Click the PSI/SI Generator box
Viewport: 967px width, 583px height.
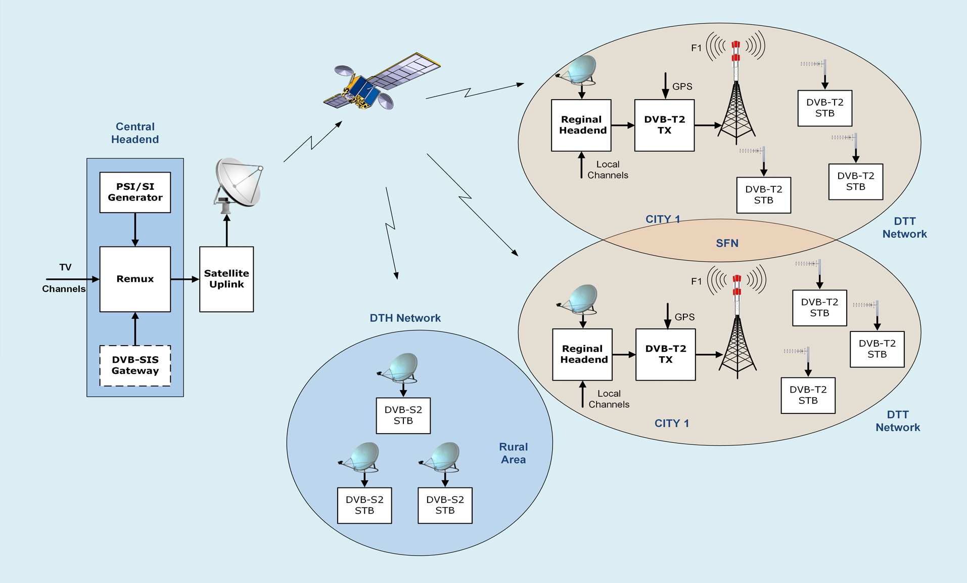[135, 192]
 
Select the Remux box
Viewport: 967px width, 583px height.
[135, 279]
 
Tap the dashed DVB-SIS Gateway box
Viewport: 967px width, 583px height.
[135, 365]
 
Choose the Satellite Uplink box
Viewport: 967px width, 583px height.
[226, 279]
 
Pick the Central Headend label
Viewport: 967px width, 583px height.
[135, 133]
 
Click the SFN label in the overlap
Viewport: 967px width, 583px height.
[727, 243]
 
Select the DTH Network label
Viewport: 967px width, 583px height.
[405, 318]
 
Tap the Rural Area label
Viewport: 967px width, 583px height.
[513, 453]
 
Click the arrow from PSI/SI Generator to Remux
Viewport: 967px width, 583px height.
[135, 229]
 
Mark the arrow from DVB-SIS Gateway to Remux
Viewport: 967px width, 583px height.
[135, 328]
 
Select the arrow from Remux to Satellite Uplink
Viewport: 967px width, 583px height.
[185, 279]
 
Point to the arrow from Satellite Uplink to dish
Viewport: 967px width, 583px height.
[226, 230]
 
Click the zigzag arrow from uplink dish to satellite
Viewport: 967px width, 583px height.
[312, 142]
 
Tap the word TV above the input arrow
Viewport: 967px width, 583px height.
[65, 267]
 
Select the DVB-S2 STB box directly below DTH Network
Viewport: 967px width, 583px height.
[403, 415]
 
